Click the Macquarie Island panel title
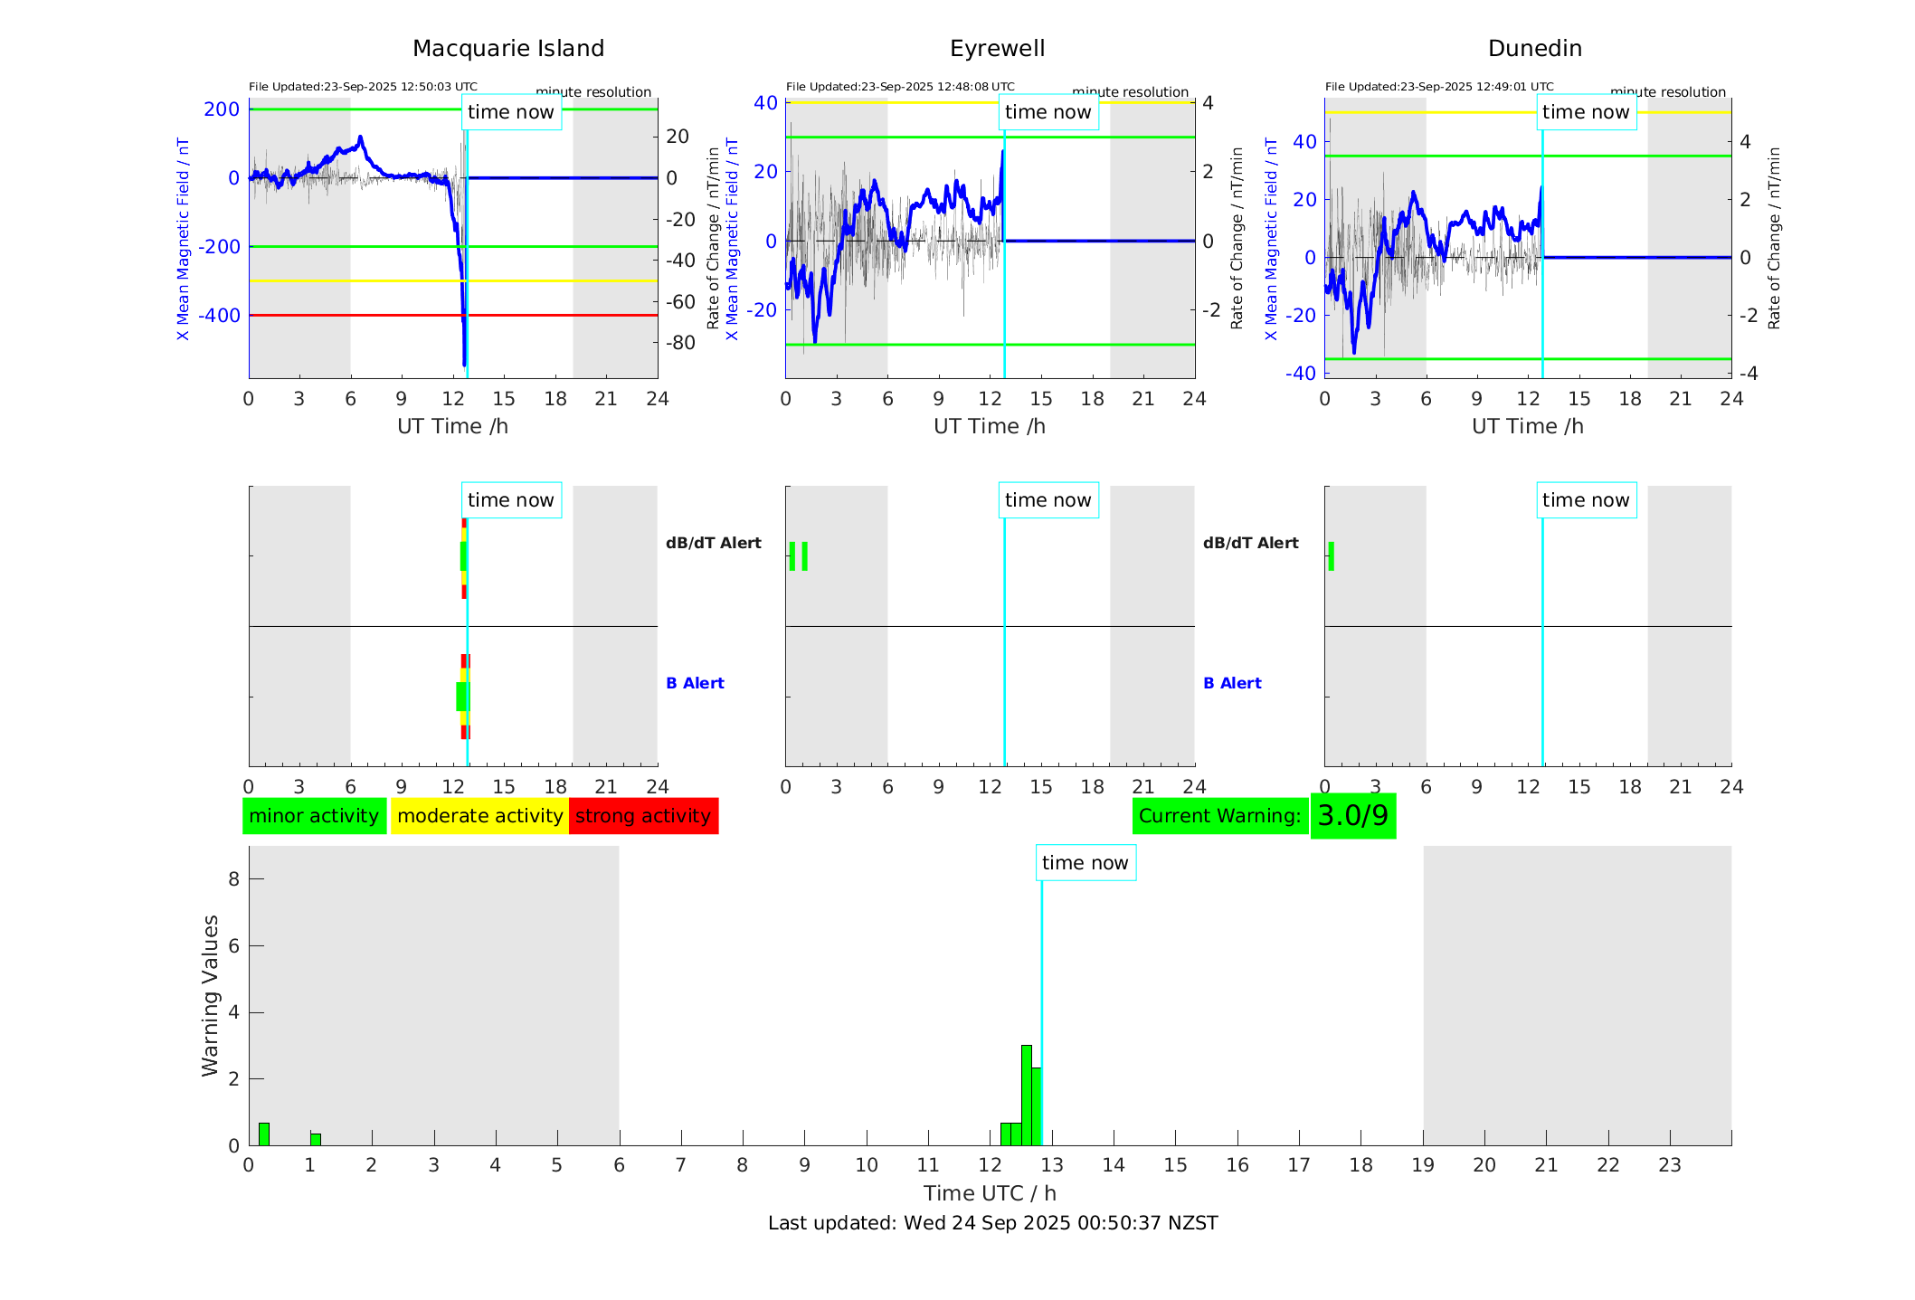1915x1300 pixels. point(507,49)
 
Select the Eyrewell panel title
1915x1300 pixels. point(997,49)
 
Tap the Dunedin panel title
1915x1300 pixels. point(1534,49)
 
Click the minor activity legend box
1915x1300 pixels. point(314,816)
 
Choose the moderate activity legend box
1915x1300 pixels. point(479,816)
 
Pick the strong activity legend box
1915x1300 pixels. point(643,816)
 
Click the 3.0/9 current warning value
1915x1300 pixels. point(1352,816)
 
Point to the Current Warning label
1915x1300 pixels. point(1219,816)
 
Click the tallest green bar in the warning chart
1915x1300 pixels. point(1026,1095)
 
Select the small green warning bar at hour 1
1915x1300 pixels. point(316,1139)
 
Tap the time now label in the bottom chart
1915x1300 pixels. point(1085,863)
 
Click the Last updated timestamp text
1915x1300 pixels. point(992,1223)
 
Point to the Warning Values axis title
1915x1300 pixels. point(210,995)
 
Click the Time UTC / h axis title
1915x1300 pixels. point(990,1193)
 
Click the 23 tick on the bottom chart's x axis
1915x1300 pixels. point(1669,1165)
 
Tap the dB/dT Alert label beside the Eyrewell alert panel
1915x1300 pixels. point(1250,543)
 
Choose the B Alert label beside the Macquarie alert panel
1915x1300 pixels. point(695,683)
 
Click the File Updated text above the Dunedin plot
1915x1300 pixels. point(1438,87)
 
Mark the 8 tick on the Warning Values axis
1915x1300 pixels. point(233,878)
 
